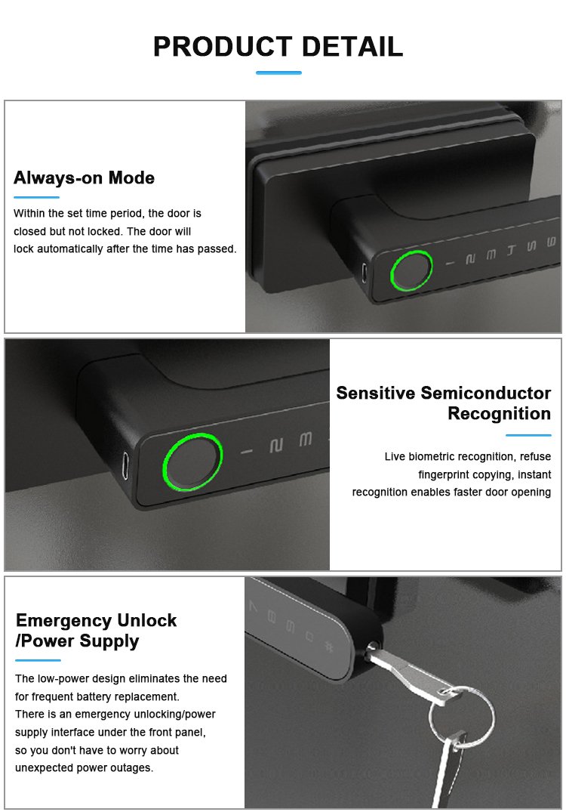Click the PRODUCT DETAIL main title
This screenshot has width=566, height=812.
point(278,47)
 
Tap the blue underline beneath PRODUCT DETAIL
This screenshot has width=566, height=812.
point(278,73)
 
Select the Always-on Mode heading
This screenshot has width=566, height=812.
point(84,178)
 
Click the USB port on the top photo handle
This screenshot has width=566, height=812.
point(365,272)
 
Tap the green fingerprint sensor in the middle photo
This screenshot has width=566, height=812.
point(192,461)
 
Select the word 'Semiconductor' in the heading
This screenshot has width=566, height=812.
point(485,393)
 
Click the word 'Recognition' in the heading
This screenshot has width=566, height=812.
point(500,414)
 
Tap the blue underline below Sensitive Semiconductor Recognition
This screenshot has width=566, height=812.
point(528,435)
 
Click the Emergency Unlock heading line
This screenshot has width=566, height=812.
point(97,620)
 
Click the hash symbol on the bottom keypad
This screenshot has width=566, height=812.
point(328,646)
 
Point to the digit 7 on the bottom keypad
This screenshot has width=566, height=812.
point(253,606)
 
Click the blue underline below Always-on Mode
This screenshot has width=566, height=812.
point(36,197)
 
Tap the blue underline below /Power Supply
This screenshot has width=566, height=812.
point(38,660)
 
